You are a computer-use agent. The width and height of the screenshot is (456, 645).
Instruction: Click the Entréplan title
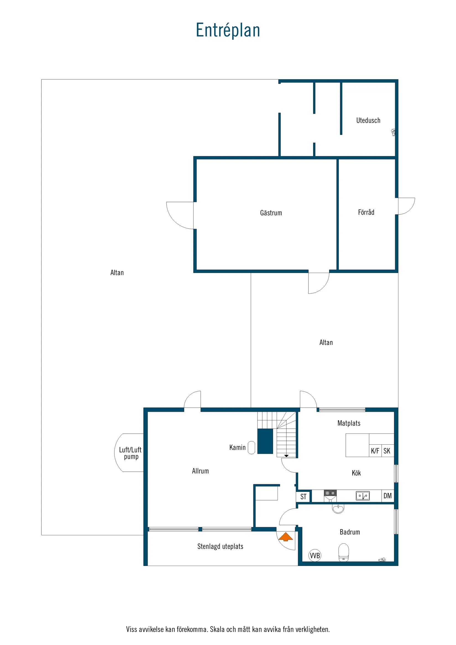pos(228,30)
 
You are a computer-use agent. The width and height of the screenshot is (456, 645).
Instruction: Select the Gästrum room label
pos(271,213)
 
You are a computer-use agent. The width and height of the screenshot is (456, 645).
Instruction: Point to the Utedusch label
pos(368,120)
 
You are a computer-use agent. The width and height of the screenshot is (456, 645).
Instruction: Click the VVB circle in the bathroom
pos(315,555)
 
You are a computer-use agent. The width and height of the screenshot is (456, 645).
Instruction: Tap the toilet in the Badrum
pos(343,552)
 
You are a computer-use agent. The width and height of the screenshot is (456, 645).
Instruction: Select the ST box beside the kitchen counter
pos(303,497)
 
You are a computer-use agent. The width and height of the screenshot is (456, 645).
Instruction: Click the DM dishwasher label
pos(387,496)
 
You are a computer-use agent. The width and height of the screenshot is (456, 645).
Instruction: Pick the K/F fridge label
pos(375,451)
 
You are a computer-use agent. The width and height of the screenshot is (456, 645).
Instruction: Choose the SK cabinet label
pos(387,451)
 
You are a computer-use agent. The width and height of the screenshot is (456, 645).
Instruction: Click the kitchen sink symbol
pos(363,495)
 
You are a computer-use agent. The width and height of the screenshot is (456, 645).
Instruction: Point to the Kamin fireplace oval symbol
pos(251,448)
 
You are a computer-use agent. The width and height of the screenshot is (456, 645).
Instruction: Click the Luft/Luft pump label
pos(130,453)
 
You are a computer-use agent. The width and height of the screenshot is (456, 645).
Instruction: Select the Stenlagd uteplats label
pos(220,546)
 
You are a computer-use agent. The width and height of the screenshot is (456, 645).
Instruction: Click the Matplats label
pos(349,423)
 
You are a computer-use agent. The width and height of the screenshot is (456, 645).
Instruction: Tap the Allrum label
pos(200,471)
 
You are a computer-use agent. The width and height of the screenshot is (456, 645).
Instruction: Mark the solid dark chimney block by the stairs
pos(265,441)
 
